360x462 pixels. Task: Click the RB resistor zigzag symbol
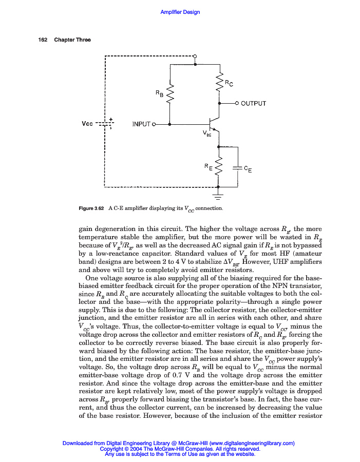tap(169, 93)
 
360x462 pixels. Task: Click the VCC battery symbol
tap(105, 124)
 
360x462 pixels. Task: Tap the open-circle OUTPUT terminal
tap(237, 103)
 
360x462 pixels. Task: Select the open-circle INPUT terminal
tap(154, 124)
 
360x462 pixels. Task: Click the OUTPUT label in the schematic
tap(254, 104)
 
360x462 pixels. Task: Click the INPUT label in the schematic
tap(141, 124)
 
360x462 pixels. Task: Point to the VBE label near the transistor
tap(207, 134)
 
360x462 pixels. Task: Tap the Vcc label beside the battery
tap(87, 124)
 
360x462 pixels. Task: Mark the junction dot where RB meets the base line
tap(169, 124)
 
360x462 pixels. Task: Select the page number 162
tap(43, 40)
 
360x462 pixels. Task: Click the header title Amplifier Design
tap(180, 12)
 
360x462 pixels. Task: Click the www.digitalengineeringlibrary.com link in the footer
tap(252, 443)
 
